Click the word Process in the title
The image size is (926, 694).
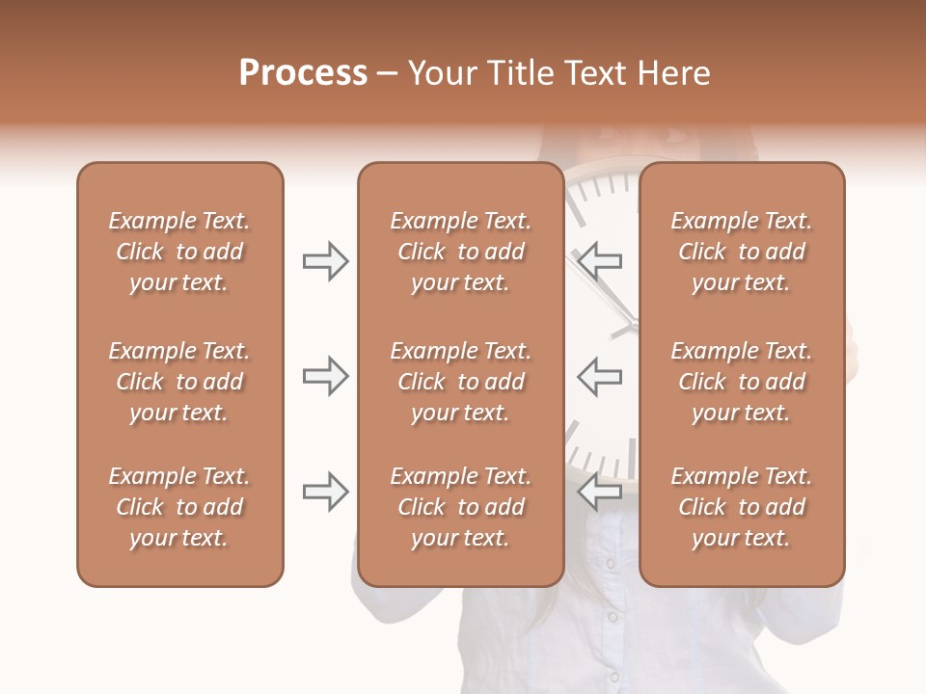pos(303,73)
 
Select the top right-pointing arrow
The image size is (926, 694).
pos(325,261)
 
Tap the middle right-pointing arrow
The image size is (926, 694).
pos(325,376)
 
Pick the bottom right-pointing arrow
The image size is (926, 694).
pos(325,492)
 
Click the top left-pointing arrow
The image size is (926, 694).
pos(600,259)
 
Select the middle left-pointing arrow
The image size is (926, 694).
pos(600,376)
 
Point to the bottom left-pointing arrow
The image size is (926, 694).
pos(600,492)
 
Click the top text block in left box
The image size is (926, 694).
pos(179,252)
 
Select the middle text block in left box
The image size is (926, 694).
pos(179,382)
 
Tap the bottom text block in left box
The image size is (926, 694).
pos(179,507)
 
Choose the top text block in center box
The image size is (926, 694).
pos(460,252)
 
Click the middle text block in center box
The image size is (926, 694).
pos(460,382)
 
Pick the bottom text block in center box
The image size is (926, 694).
pos(460,507)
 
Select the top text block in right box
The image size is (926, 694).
pos(741,252)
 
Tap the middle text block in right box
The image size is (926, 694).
pos(741,382)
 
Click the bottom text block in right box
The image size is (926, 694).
pos(741,507)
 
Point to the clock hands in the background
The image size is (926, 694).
pos(617,308)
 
